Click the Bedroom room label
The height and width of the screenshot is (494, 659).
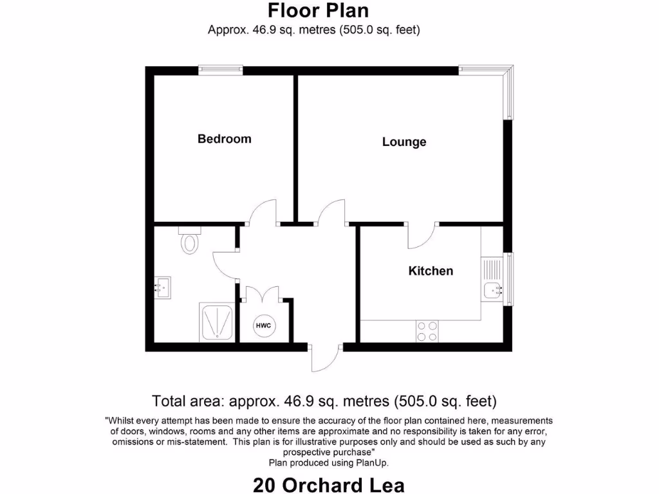click(x=224, y=139)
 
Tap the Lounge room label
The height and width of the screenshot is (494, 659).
click(x=404, y=142)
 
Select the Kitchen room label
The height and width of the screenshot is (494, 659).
click(x=431, y=271)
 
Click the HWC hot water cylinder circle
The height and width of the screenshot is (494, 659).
click(x=264, y=326)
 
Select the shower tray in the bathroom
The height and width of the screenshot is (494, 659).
click(x=218, y=323)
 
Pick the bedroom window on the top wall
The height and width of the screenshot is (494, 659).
click(x=220, y=70)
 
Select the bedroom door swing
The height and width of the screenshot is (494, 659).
click(x=263, y=213)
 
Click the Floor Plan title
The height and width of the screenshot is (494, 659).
click(x=318, y=11)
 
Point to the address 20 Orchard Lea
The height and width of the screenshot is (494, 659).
click(x=329, y=484)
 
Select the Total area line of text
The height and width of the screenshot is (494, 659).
click(x=324, y=401)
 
